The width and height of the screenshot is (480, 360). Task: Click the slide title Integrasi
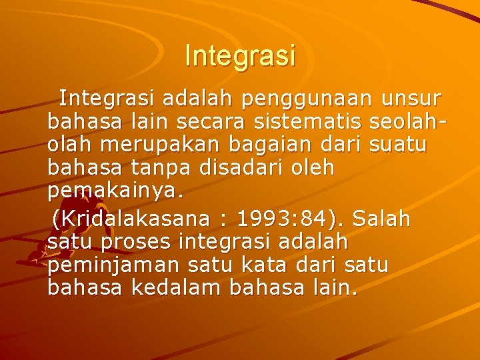pos(240,56)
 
